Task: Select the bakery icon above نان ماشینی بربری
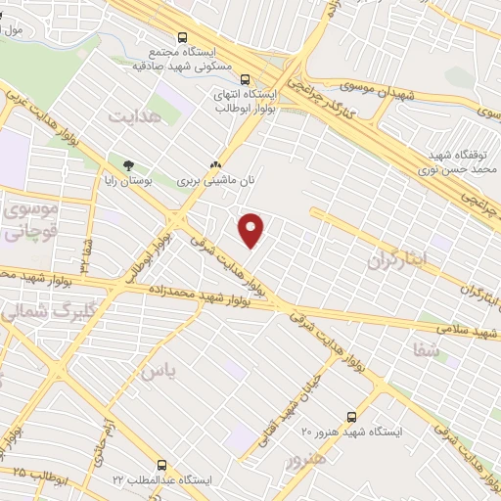[215, 165]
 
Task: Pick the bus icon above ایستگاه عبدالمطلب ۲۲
[162, 466]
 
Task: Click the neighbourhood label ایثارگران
[399, 260]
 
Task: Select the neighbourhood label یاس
[160, 372]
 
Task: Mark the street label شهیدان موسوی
[387, 90]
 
